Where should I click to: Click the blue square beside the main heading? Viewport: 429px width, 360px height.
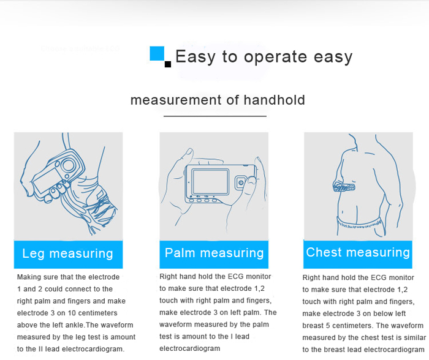158,54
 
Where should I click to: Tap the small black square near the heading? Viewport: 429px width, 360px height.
168,64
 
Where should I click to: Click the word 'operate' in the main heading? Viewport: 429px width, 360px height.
273,58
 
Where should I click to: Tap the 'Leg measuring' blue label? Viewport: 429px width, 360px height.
68,253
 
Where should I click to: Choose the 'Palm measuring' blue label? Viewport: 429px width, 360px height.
214,253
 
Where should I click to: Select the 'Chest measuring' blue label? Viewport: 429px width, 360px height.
358,252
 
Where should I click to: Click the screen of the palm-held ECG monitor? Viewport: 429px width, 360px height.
211,181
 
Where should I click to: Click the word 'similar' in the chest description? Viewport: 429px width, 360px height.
409,338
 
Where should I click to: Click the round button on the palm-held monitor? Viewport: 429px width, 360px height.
243,181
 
